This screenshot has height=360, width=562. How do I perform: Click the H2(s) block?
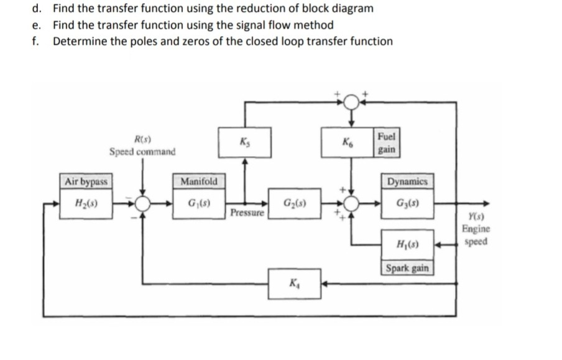(x=85, y=203)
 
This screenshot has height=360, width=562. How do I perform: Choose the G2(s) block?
(x=293, y=203)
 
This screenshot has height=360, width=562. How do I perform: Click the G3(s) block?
(x=406, y=203)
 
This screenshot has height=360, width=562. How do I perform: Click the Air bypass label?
(x=86, y=182)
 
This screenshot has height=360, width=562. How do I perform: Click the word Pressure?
(x=247, y=213)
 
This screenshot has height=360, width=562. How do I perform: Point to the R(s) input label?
(x=141, y=139)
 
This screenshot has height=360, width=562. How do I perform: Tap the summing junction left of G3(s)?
(x=352, y=203)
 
